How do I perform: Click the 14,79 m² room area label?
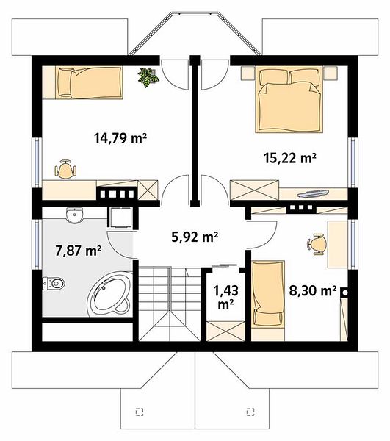(120, 138)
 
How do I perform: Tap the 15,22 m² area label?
(290, 158)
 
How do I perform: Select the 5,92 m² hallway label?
(195, 237)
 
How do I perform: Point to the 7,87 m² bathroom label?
(79, 251)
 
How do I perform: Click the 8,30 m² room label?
(313, 291)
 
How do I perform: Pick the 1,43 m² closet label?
(226, 297)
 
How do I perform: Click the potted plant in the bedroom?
(148, 77)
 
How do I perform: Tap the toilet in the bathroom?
(54, 284)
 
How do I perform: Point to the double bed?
(289, 99)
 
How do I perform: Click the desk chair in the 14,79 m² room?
(66, 170)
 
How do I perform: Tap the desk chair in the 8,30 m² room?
(317, 244)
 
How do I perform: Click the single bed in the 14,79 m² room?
(89, 82)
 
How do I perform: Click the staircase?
(170, 304)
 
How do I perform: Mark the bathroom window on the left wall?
(37, 244)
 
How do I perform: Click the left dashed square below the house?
(140, 412)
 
